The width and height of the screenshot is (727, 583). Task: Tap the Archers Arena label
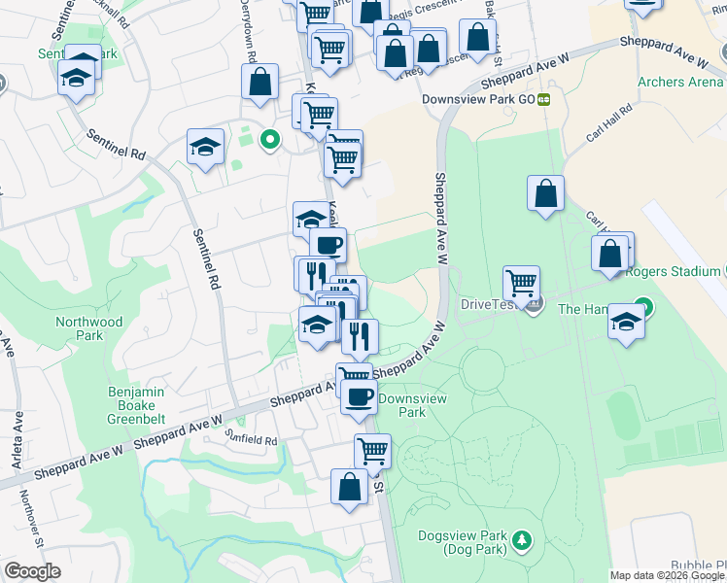pos(680,82)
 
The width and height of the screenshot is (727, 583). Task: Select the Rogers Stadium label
pos(674,272)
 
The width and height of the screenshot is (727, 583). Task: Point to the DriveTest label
pos(491,304)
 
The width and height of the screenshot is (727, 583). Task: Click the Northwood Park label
pos(89,328)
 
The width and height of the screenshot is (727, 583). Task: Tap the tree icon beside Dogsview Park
pos(523,538)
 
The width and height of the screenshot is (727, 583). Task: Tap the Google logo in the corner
pos(31,571)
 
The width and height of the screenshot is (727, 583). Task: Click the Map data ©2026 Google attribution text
pos(668,575)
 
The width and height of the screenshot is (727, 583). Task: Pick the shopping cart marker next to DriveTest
pos(522,283)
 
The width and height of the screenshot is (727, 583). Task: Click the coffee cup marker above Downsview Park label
pos(359,396)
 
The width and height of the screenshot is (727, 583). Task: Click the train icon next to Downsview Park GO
pos(545,99)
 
